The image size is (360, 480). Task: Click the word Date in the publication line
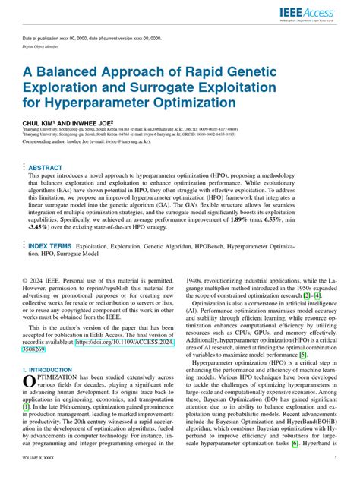tap(29, 38)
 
